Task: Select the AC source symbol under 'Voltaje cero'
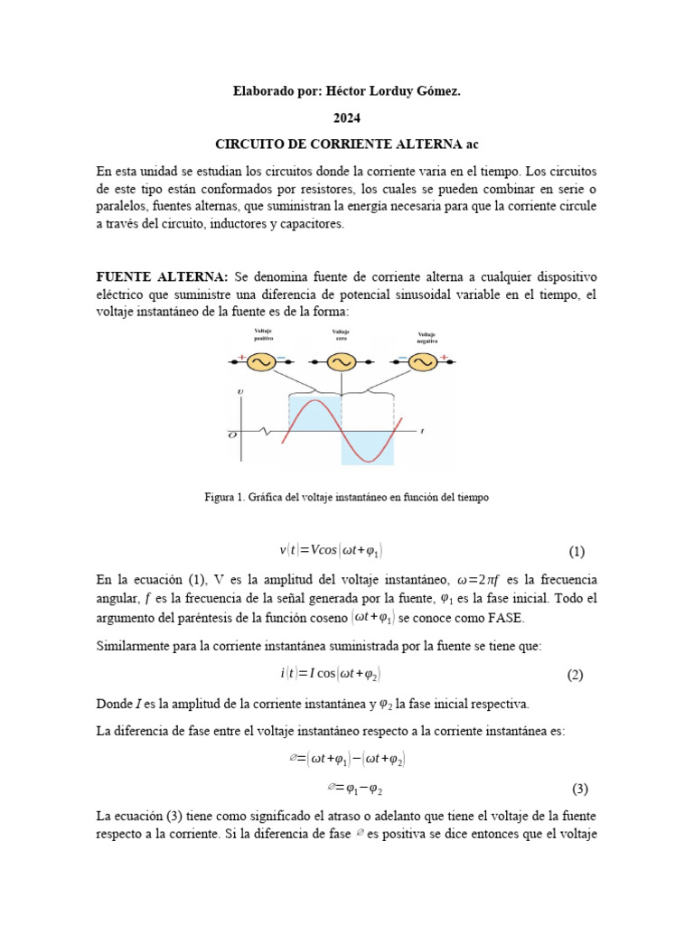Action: tap(342, 361)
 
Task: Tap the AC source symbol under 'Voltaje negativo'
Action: tap(421, 361)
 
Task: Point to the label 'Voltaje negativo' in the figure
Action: tap(427, 339)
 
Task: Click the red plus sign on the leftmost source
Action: tap(242, 359)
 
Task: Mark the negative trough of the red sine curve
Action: tap(368, 461)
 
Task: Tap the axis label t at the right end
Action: tap(422, 432)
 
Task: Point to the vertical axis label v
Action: tap(239, 391)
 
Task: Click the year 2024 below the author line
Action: tap(346, 117)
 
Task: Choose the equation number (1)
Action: tap(577, 552)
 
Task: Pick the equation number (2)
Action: tap(577, 675)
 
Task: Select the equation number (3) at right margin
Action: tap(579, 789)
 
